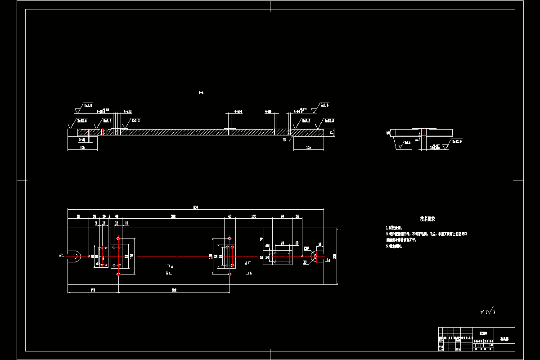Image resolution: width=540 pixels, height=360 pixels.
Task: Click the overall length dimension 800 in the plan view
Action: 195,207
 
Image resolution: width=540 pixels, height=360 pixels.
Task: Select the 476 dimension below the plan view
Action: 93,290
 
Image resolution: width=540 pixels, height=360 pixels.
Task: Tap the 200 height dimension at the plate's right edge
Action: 334,256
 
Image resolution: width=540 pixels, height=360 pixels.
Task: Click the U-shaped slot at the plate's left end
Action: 75,256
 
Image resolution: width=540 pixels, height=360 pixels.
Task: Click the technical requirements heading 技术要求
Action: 427,219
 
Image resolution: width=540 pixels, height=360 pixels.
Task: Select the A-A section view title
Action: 201,93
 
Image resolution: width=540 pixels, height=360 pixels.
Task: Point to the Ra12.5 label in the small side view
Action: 456,142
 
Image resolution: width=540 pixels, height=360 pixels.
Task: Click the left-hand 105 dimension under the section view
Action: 82,147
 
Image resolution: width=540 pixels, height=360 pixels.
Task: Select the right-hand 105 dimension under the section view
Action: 308,147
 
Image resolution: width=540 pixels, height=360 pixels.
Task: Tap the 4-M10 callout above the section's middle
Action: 238,111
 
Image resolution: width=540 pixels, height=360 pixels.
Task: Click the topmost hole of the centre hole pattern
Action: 229,238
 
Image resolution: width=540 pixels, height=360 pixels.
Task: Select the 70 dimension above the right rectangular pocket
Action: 282,216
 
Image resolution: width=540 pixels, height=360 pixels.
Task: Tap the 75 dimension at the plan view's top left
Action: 78,216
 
